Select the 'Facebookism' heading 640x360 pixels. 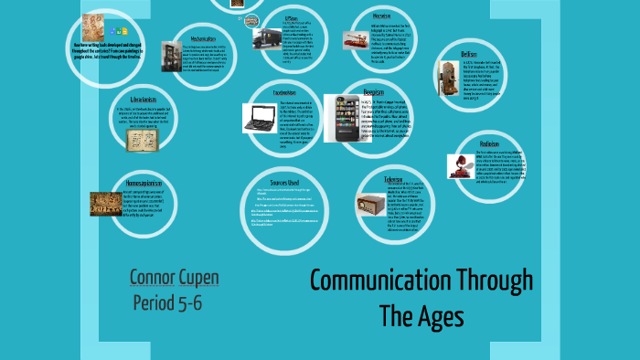coord(283,92)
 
